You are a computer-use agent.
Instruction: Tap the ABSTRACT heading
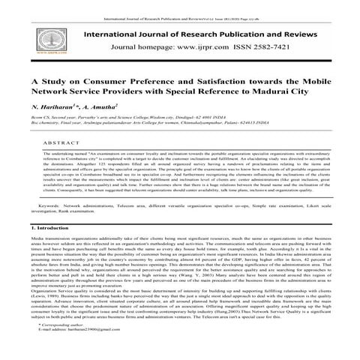(58, 140)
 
